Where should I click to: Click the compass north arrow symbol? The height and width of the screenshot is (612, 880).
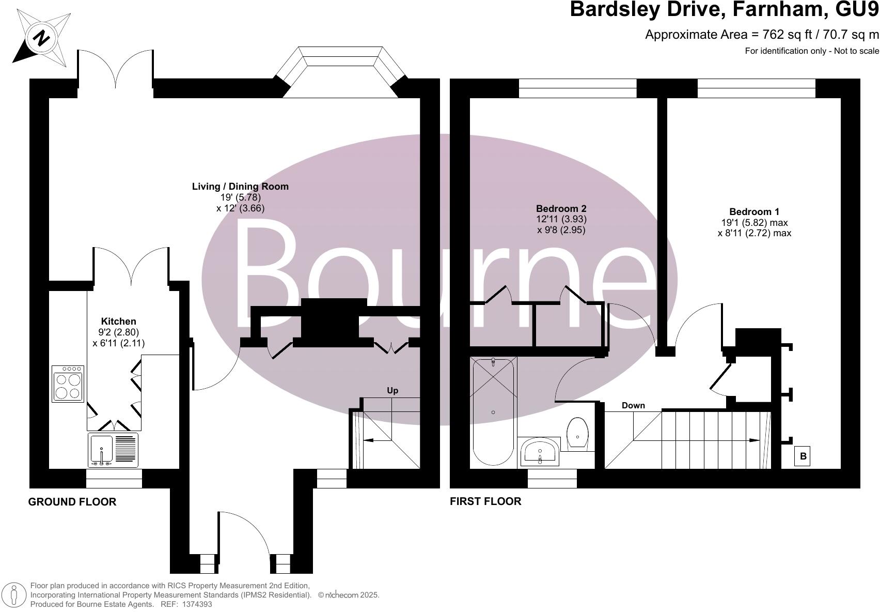42,38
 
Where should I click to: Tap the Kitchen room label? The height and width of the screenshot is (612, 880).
118,322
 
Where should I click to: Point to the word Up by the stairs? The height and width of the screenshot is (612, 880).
392,390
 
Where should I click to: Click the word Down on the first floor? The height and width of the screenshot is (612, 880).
633,405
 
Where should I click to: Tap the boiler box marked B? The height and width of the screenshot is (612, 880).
803,456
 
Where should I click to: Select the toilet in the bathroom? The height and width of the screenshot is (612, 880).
578,433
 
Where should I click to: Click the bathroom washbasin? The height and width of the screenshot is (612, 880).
539,450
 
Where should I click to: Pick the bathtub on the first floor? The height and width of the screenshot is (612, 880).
493,411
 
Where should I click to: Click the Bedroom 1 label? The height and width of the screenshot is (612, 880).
754,211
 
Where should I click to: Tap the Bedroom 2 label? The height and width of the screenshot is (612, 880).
561,209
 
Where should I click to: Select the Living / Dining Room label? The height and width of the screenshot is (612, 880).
240,187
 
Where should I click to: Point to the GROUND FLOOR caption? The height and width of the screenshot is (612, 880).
72,502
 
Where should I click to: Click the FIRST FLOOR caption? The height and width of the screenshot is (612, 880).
485,501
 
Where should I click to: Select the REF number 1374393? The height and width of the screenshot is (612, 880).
194,604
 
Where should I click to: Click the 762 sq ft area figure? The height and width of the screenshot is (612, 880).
780,35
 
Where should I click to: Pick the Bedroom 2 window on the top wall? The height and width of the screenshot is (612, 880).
577,88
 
